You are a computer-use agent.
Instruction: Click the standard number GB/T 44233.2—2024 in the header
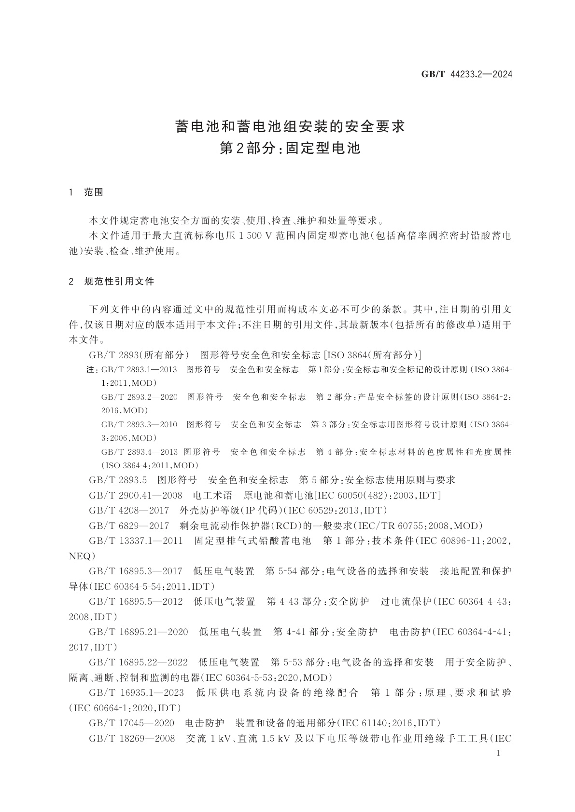coord(466,74)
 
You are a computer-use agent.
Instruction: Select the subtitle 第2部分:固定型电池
coord(290,149)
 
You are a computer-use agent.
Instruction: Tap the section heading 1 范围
coord(86,192)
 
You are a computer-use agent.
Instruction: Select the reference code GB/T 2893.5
coord(118,480)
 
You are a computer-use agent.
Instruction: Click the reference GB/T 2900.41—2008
coord(136,496)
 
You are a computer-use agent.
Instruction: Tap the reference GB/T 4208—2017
coord(129,511)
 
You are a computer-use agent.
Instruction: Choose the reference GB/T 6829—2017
coord(129,526)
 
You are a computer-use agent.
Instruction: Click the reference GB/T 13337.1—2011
coord(136,541)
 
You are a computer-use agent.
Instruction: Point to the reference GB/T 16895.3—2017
coord(136,571)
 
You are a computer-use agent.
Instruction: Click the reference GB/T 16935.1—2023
coord(137,693)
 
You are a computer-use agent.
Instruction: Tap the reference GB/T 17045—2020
coord(132,723)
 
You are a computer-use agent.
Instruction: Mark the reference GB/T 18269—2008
coord(132,739)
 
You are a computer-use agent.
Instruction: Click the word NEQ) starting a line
coord(80,556)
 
